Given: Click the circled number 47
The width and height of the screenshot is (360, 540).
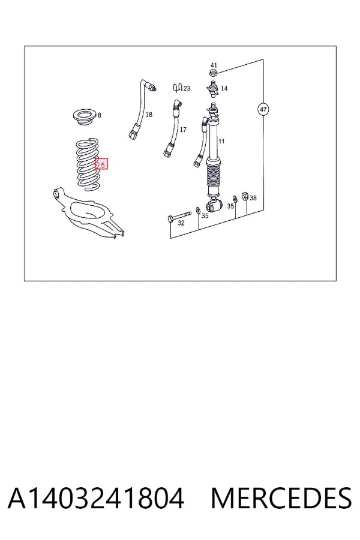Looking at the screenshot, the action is tap(263, 110).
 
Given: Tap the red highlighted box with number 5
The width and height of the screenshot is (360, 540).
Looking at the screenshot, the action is tap(101, 164).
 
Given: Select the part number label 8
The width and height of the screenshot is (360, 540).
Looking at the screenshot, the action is tap(100, 115).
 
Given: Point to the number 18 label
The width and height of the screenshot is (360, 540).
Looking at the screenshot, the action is tap(148, 115).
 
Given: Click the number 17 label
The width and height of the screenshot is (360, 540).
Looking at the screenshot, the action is tap(183, 130).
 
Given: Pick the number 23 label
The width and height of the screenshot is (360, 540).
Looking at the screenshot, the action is tap(187, 89).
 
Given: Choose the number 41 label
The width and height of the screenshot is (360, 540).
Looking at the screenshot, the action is tap(214, 65).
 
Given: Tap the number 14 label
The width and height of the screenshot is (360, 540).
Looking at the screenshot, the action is tap(224, 89).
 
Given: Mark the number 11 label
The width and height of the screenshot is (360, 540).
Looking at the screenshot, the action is tap(221, 141).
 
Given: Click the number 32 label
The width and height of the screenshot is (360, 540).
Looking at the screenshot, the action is tap(181, 223).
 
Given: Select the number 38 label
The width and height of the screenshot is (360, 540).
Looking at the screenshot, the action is tap(253, 198).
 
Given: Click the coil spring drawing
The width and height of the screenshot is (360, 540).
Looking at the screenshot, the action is tap(88, 164).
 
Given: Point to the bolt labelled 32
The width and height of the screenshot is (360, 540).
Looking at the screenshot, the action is tap(179, 216).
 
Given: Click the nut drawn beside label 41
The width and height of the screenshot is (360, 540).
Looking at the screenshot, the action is tap(214, 73).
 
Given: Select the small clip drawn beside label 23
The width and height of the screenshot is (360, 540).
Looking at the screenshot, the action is tap(178, 88).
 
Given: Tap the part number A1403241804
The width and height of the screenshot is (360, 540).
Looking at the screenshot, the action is tap(96, 498).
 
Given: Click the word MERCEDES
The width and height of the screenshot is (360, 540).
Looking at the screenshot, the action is tap(281, 498).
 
